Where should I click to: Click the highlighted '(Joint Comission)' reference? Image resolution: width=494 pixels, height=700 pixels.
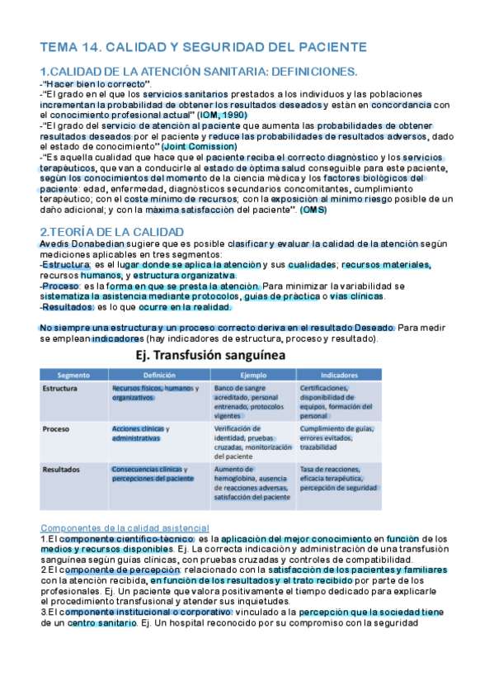[x=199, y=146]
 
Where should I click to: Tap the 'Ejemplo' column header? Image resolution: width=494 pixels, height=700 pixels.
[x=253, y=374]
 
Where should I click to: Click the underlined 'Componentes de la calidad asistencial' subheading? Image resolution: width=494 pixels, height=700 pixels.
[x=125, y=527]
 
